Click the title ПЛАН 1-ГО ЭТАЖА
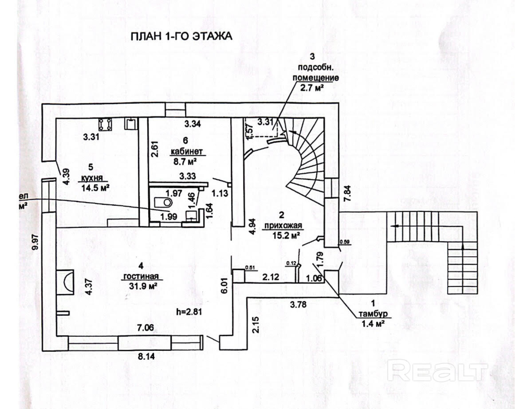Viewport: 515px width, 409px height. point(181,36)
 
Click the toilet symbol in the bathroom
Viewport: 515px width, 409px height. point(163,202)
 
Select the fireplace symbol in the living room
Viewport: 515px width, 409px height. point(65,281)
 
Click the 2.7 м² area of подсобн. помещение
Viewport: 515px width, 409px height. point(311,88)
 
